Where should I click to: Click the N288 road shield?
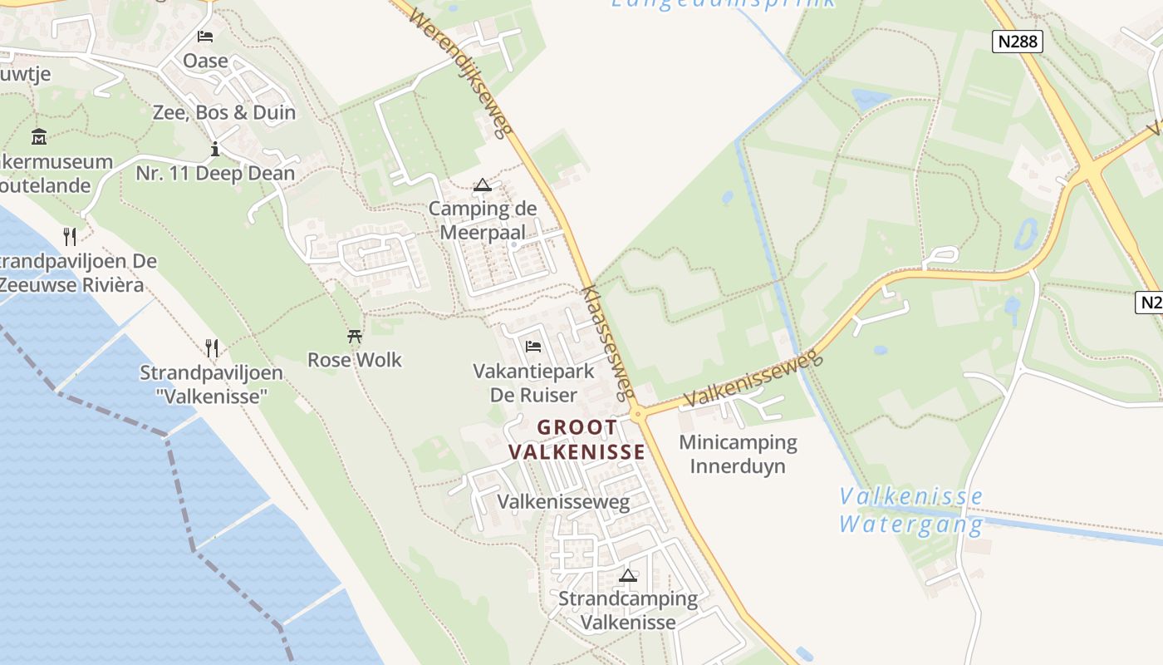tap(1017, 42)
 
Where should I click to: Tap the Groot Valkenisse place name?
tap(577, 440)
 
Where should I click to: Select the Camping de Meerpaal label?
tap(483, 220)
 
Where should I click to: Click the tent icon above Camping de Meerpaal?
tap(483, 185)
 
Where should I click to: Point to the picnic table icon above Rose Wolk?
tap(355, 337)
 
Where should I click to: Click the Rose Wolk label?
tap(355, 360)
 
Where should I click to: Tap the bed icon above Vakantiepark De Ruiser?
tap(533, 346)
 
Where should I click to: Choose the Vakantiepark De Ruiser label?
tap(533, 382)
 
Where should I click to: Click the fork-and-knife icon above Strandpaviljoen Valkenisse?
tap(212, 347)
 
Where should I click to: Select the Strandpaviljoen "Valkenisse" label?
tap(211, 385)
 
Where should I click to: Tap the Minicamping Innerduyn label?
tap(738, 454)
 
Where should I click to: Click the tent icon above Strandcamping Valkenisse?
tap(628, 575)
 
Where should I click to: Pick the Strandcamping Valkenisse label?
tap(628, 610)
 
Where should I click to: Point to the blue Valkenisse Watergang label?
tap(910, 510)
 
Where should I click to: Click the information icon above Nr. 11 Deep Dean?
tap(215, 150)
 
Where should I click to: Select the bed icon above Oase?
tap(205, 37)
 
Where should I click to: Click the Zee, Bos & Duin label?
tap(224, 112)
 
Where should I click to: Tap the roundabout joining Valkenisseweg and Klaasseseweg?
tap(638, 413)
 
